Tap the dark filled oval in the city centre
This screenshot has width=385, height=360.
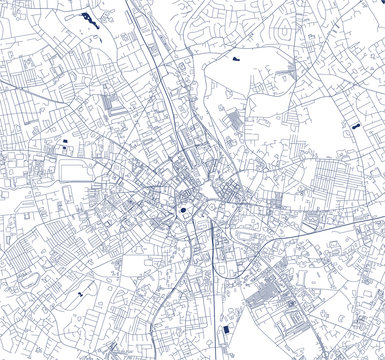point(183,210)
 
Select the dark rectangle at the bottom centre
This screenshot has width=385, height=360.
point(226,330)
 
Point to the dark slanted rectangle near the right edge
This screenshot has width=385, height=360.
point(354,128)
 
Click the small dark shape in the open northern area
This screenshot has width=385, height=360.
point(236,61)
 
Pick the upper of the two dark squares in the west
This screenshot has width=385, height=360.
point(65,142)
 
